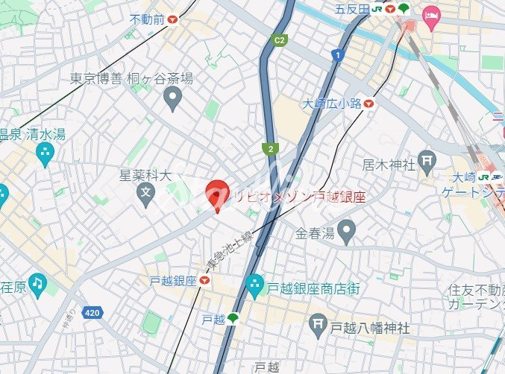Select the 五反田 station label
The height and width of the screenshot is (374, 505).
point(352,9)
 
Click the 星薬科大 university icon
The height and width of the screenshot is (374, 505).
point(146,196)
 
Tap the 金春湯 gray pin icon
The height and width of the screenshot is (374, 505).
point(345,232)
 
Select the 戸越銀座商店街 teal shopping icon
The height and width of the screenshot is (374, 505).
point(254,285)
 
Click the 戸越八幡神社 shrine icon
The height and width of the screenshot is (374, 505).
point(319,326)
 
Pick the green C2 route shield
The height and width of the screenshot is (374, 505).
point(280,39)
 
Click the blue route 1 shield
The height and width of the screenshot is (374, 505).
point(338,55)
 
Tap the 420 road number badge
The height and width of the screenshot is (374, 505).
point(92,312)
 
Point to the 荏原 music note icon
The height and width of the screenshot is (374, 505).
point(37,285)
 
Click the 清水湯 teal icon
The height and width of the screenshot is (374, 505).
point(45,154)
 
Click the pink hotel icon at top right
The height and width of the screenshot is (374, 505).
point(431,14)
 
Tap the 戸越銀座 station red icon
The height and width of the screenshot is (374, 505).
point(204,280)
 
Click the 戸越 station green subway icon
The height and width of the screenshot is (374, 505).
point(233,318)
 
